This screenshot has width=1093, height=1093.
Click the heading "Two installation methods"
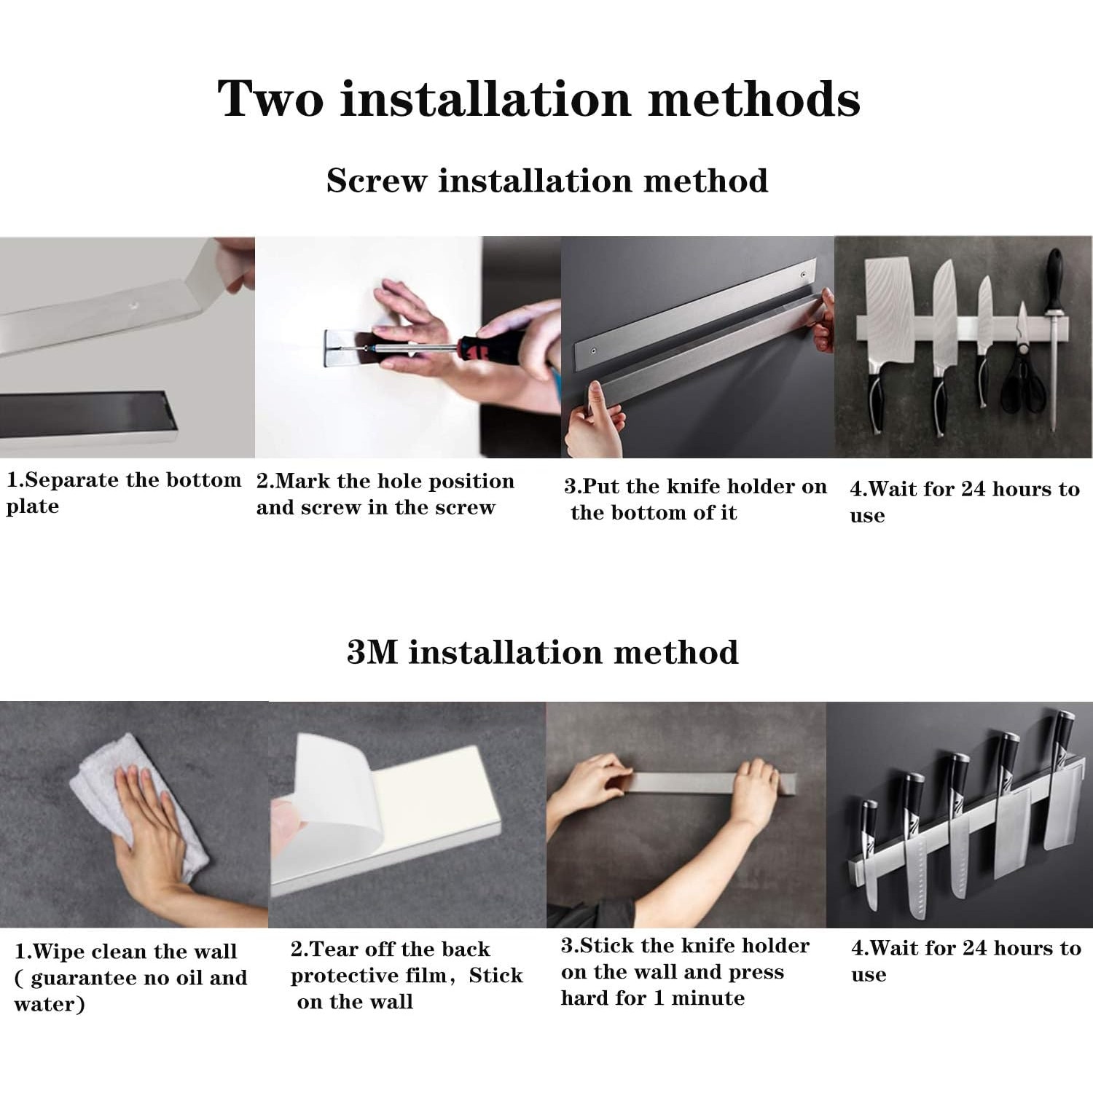[539, 98]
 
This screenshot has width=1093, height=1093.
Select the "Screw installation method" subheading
[547, 181]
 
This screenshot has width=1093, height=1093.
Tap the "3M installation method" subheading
[543, 651]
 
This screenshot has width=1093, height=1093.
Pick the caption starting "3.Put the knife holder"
[695, 499]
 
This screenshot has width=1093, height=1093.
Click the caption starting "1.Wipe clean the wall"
[131, 978]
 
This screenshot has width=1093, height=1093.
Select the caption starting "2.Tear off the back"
[407, 976]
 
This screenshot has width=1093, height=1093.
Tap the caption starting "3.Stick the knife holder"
[685, 972]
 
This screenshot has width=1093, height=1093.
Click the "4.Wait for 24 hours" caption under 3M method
[966, 961]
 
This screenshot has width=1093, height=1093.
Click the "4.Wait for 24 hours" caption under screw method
[965, 502]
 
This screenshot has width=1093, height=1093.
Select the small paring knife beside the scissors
[984, 342]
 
